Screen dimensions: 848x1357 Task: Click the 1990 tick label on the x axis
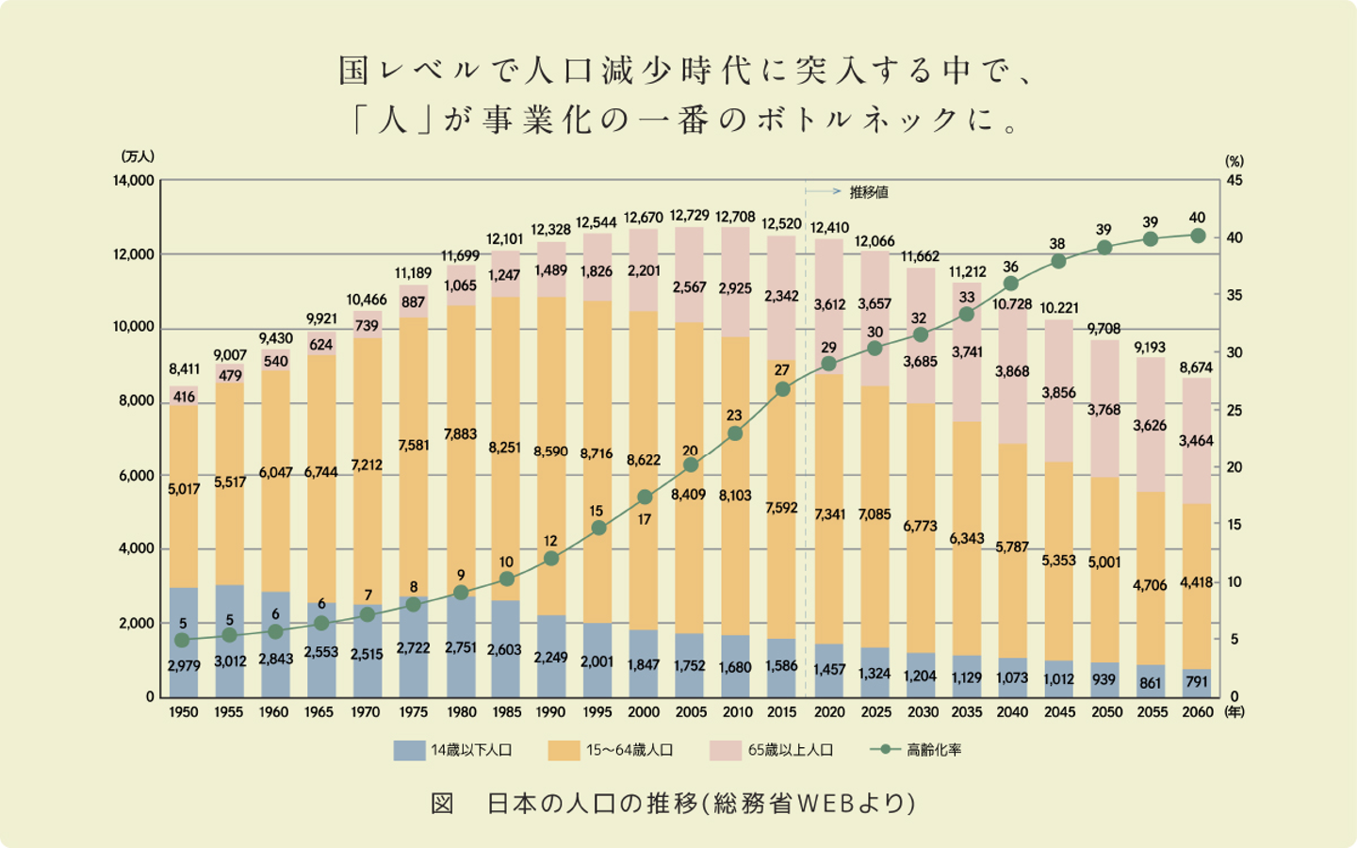pos(550,712)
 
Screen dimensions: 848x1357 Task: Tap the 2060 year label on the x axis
pos(1197,712)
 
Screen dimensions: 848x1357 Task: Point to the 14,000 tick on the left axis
pos(135,180)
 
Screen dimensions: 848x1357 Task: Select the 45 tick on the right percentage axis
pos(1234,180)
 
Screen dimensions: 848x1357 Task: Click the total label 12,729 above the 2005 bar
pos(690,217)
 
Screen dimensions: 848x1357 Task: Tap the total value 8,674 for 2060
pos(1196,367)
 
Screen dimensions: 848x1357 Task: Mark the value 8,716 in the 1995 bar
pos(597,453)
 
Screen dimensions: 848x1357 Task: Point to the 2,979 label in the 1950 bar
pos(184,666)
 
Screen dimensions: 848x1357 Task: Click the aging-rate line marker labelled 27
pos(782,389)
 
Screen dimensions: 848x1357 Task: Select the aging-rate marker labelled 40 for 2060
pos(1198,236)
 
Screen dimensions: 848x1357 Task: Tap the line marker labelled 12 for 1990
pos(551,559)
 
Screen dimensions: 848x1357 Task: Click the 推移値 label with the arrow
pos(868,192)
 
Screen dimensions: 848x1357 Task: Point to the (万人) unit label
pos(138,156)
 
